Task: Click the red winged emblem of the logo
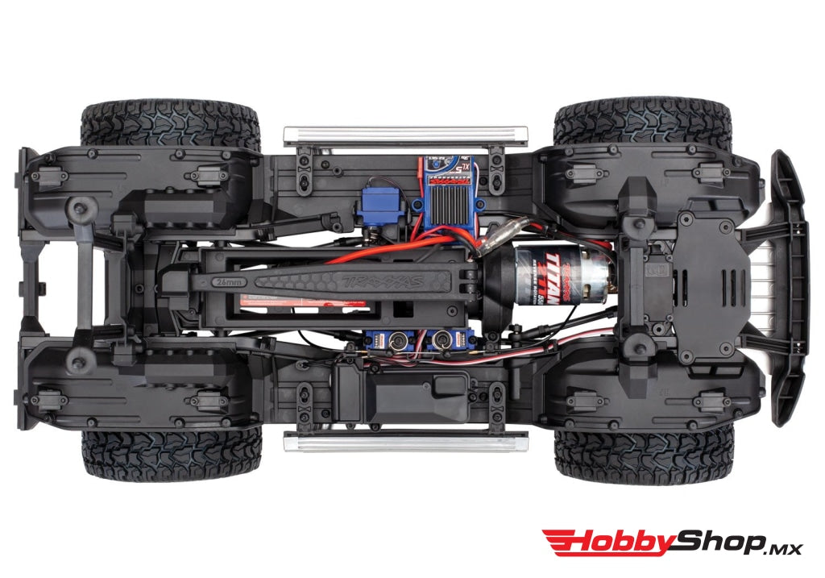(x=561, y=543)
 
